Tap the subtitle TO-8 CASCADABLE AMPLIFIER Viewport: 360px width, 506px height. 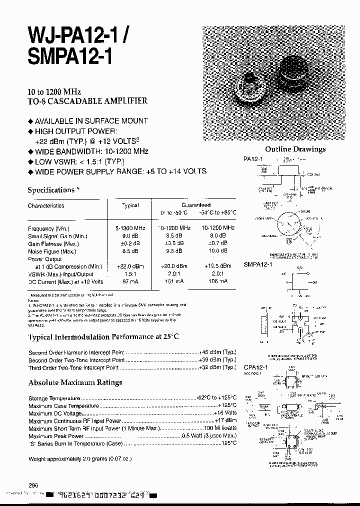click(x=87, y=100)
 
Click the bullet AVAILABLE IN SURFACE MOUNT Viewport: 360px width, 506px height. click(x=91, y=120)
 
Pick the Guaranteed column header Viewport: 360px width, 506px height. click(x=196, y=205)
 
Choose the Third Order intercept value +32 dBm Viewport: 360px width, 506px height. click(x=217, y=367)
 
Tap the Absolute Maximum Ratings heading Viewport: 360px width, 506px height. click(x=75, y=382)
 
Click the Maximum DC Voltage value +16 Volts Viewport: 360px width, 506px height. click(x=225, y=413)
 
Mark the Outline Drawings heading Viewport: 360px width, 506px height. click(x=295, y=149)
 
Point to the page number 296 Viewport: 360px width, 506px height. click(x=33, y=484)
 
